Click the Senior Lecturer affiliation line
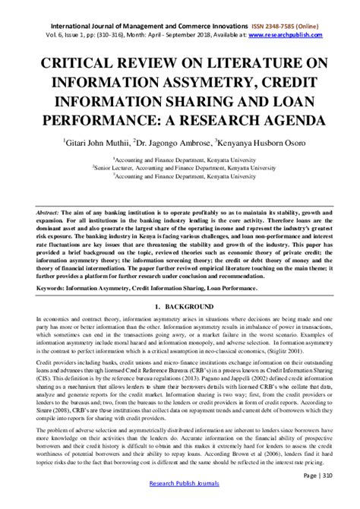pos(179,167)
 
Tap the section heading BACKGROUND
pos(188,305)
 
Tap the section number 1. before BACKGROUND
pos(157,305)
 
